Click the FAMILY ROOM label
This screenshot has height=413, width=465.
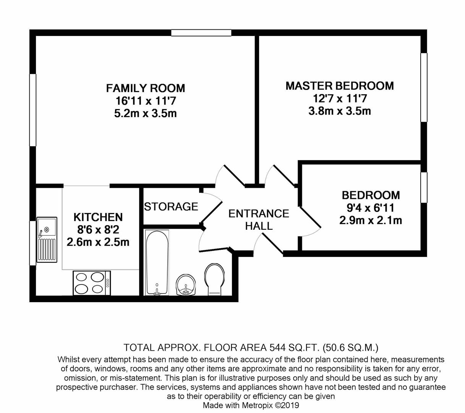[x=145, y=88]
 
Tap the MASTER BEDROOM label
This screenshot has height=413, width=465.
[x=339, y=86]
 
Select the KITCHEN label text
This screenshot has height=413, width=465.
[x=98, y=217]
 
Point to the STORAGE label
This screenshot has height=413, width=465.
[x=171, y=206]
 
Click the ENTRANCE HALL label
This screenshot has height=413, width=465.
[x=259, y=220]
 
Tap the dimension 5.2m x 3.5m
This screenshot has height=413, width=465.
[x=145, y=114]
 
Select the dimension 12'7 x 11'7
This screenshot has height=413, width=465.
[x=339, y=99]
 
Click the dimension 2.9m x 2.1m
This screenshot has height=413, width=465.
[x=370, y=221]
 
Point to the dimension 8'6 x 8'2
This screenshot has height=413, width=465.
[x=98, y=230]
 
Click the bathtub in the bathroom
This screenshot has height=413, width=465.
[x=157, y=262]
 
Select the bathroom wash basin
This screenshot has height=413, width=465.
[x=186, y=285]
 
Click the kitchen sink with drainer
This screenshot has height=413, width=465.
[x=47, y=240]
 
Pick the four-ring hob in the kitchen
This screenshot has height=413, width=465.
[x=92, y=283]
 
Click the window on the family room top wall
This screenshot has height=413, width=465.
[x=201, y=33]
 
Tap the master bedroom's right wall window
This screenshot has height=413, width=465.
[x=424, y=88]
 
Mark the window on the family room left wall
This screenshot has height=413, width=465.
[x=33, y=110]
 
